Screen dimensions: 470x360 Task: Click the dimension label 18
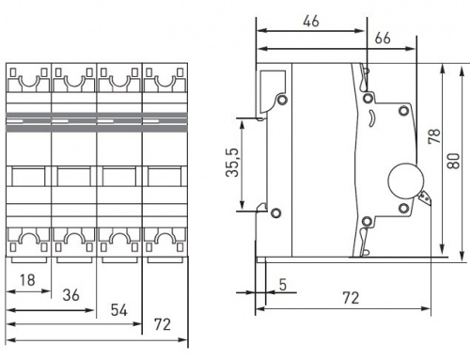[x=27, y=280]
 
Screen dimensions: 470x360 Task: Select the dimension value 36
[x=71, y=295]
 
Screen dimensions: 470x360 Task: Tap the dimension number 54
[x=119, y=310]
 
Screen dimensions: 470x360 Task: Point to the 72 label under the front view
[x=163, y=324]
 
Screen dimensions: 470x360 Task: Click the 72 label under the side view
[x=351, y=298]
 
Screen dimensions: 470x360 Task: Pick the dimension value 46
[x=311, y=21]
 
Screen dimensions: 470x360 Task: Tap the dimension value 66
[x=383, y=39]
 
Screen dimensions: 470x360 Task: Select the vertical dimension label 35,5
[x=232, y=163]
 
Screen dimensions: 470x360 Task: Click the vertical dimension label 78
[x=434, y=136]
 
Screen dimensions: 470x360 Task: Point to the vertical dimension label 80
[x=453, y=161]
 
